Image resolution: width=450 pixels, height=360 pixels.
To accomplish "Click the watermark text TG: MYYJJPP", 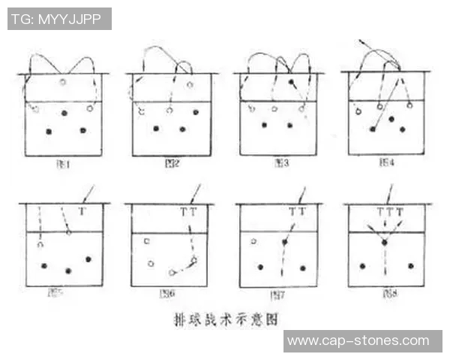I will pyautogui.click(x=59, y=19).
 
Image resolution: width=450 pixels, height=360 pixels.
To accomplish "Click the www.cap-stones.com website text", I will pyautogui.click(x=362, y=341).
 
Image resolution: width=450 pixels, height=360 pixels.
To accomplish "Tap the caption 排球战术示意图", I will pyautogui.click(x=225, y=319).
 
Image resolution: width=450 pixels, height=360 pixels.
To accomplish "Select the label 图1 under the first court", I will pyautogui.click(x=65, y=163).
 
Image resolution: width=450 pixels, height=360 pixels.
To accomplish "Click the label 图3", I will pyautogui.click(x=280, y=163).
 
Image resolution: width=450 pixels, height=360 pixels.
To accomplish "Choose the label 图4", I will pyautogui.click(x=388, y=162).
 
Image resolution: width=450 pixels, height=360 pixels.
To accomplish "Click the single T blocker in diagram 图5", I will pyautogui.click(x=81, y=212).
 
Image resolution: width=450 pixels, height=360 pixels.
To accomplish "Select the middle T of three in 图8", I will pyautogui.click(x=390, y=212).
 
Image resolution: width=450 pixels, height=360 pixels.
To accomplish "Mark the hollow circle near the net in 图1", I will pyautogui.click(x=63, y=82).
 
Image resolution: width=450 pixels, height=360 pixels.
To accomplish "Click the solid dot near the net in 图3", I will pyautogui.click(x=291, y=81).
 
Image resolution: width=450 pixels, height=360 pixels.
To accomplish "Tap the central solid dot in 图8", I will pyautogui.click(x=385, y=242).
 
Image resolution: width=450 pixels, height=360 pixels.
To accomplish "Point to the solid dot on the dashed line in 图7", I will pyautogui.click(x=284, y=242).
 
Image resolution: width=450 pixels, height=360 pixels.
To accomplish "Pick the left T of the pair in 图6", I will pyautogui.click(x=184, y=212).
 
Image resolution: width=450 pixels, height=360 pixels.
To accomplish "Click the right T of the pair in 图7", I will pyautogui.click(x=303, y=212).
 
